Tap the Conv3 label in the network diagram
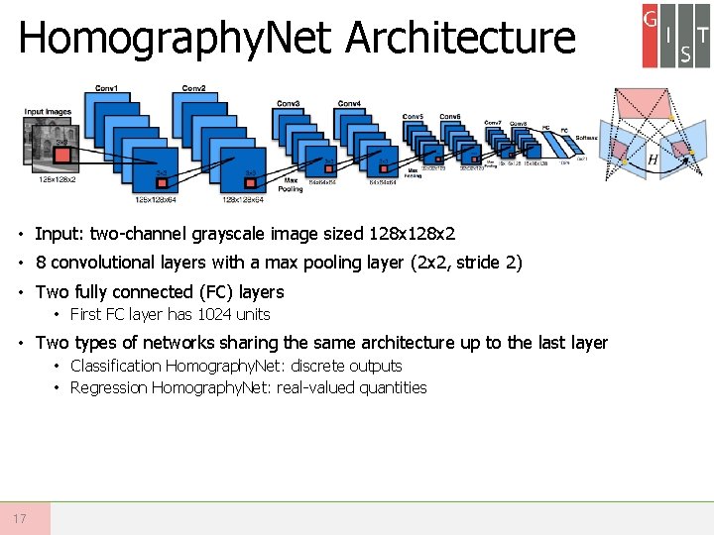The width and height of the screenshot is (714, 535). point(289,103)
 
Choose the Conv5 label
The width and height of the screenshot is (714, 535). point(413,116)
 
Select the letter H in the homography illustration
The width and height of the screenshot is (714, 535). point(653,160)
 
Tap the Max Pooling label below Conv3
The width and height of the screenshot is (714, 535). point(291,184)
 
